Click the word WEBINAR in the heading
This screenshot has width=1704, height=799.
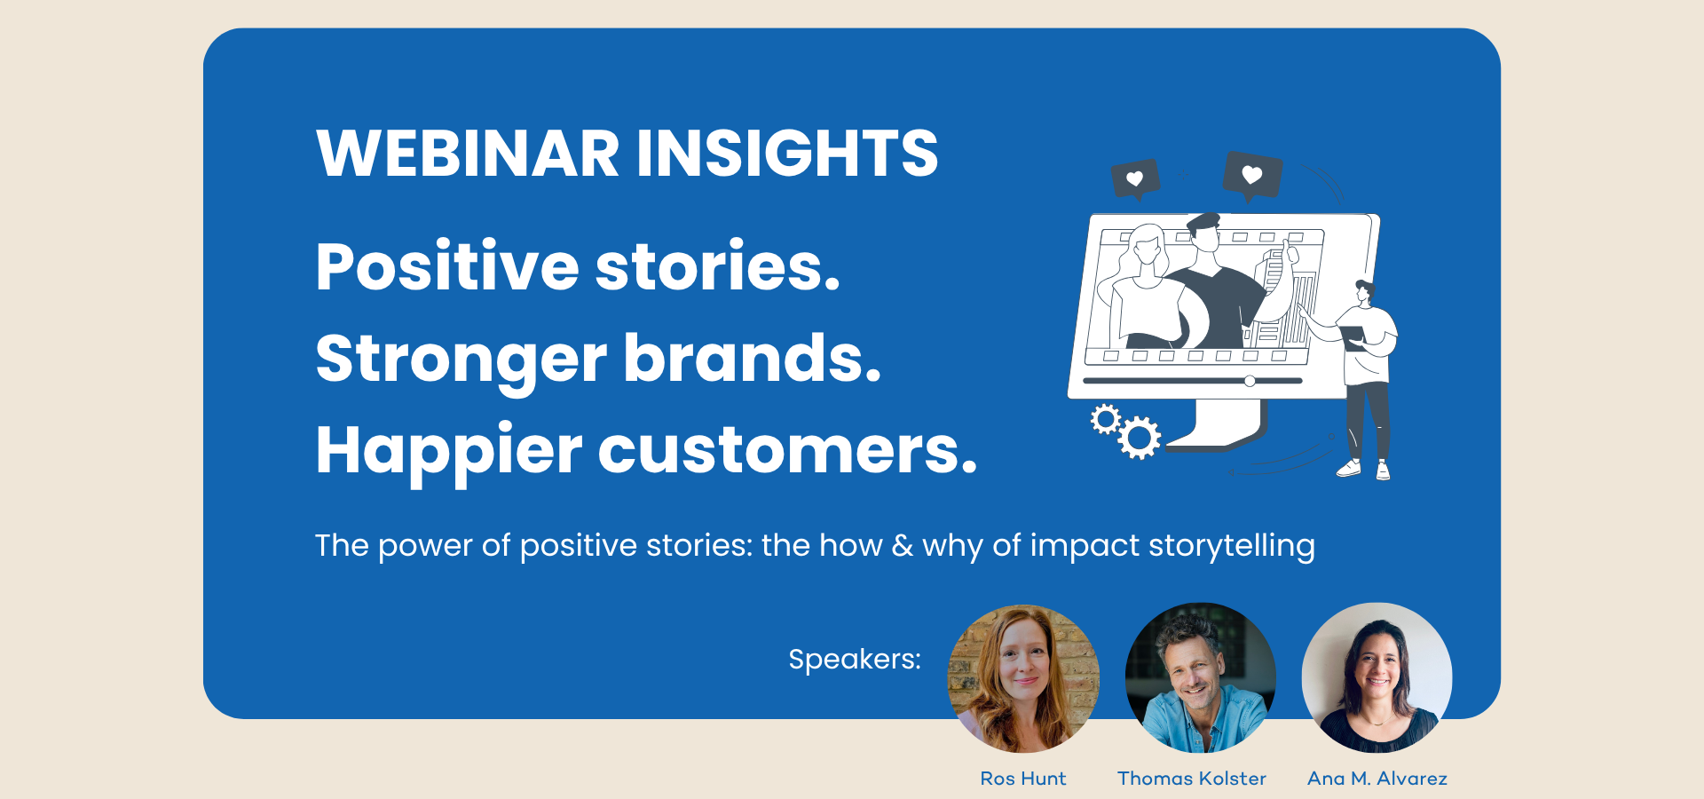point(468,153)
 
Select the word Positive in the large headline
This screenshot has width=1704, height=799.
point(447,266)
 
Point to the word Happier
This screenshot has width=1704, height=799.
point(449,452)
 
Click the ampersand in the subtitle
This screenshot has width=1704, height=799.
point(903,545)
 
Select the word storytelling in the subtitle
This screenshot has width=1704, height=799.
point(1232,546)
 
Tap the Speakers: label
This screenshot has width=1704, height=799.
point(855,659)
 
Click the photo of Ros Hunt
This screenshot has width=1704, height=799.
point(1024,679)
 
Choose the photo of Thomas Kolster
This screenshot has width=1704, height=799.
point(1200,678)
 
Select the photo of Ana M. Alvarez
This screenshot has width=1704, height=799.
point(1377,678)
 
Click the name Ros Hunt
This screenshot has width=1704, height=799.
point(1023,779)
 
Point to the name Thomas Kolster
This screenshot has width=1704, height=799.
point(1192,779)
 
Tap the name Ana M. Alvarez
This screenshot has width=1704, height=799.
point(1377,779)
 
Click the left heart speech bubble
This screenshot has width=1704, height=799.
point(1136,180)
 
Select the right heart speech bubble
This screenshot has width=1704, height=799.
point(1252,175)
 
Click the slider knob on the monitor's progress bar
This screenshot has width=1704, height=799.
point(1250,381)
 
